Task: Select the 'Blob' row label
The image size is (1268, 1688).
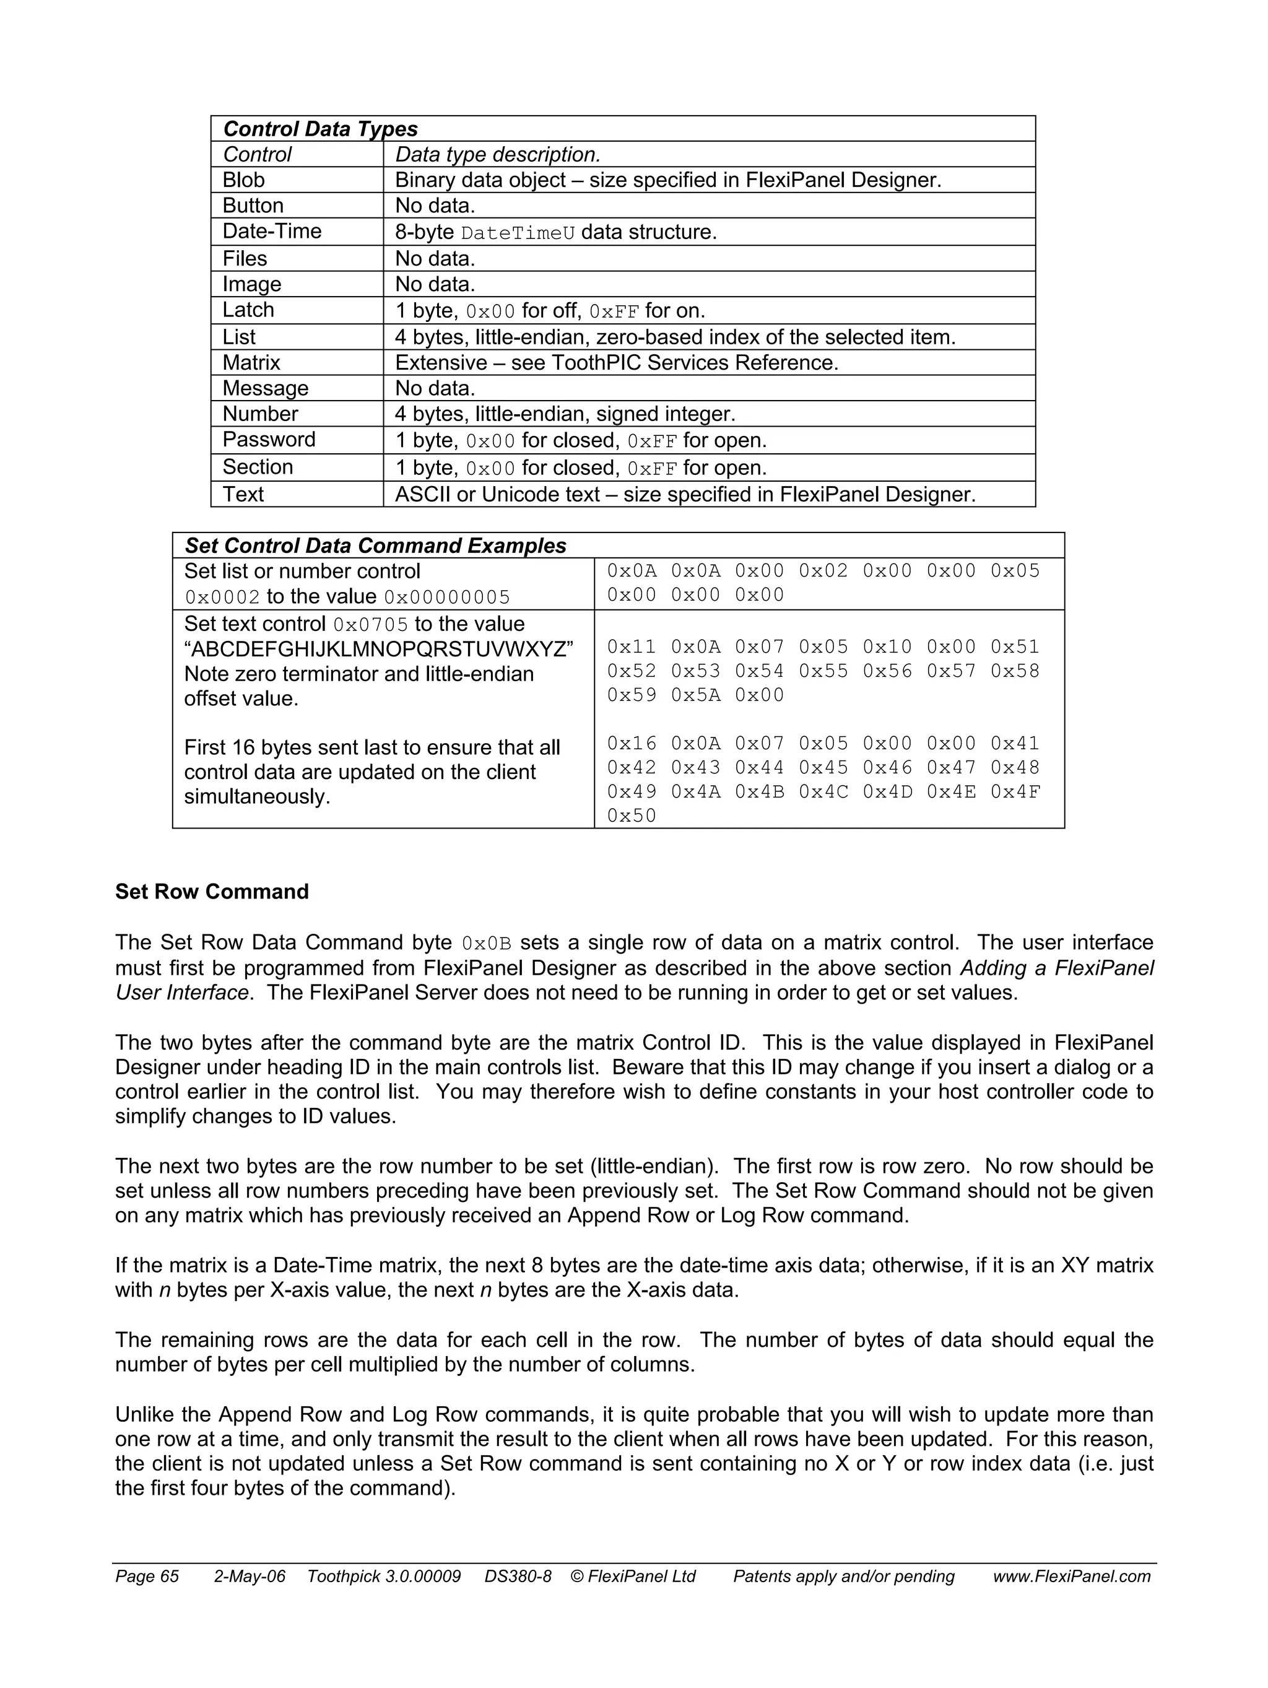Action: tap(243, 180)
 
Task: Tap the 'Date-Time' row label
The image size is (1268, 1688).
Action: tap(272, 231)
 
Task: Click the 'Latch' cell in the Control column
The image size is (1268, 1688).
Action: tap(248, 310)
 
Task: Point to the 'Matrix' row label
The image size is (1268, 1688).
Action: tap(251, 362)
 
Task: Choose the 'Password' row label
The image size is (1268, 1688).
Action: tap(269, 440)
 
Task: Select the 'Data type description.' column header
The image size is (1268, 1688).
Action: tap(497, 155)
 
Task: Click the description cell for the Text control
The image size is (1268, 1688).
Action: tap(684, 495)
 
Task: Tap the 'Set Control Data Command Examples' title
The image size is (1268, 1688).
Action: tap(375, 546)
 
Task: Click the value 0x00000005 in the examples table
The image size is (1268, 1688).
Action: tap(446, 598)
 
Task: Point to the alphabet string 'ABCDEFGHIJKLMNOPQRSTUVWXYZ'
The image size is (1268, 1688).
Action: tap(378, 650)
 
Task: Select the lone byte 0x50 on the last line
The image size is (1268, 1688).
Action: tap(631, 816)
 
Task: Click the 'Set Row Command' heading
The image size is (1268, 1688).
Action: tap(211, 891)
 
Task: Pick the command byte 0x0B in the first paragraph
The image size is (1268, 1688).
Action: tap(486, 944)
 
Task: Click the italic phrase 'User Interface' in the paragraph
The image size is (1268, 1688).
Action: tap(181, 993)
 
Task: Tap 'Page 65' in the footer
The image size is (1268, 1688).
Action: tap(147, 1577)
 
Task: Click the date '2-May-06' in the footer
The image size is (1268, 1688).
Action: tap(250, 1577)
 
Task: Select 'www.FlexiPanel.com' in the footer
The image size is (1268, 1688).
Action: tap(1071, 1577)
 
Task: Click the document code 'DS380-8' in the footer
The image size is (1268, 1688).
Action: tap(517, 1577)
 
